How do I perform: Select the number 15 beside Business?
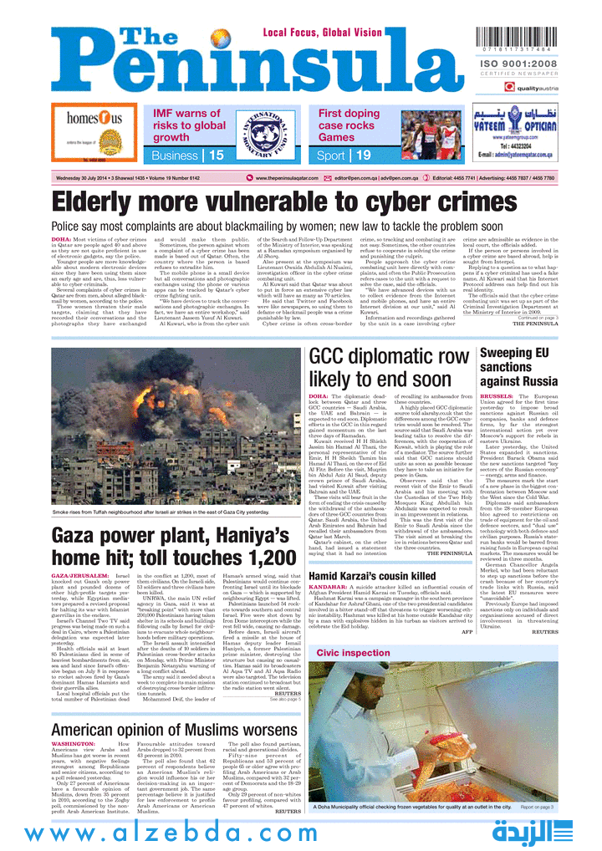(x=217, y=155)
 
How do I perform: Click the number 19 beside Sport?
(x=363, y=155)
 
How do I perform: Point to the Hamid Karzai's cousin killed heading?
(x=372, y=576)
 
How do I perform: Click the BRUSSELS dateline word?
(x=497, y=395)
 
